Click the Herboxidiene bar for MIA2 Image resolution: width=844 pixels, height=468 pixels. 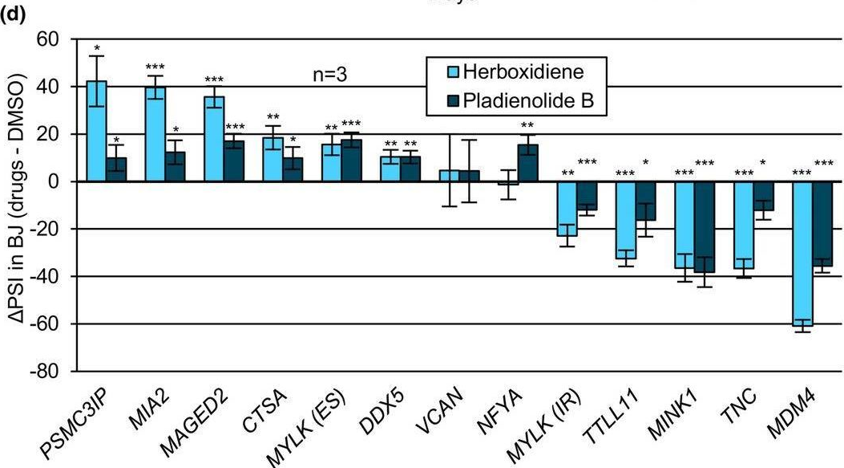[155, 135]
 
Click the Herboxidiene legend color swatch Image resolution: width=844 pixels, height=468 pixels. [438, 75]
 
